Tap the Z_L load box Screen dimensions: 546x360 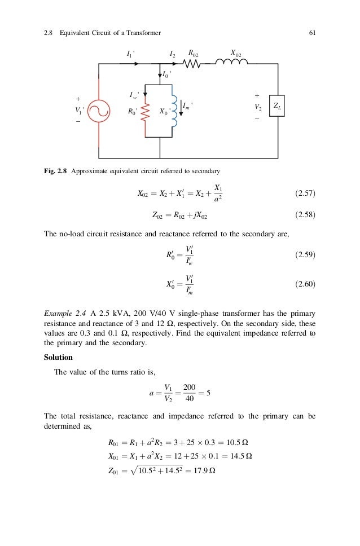(278, 106)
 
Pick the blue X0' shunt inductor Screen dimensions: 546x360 (174, 110)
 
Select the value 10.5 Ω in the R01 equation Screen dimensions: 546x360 (239, 442)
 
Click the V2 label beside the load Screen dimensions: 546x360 (258, 106)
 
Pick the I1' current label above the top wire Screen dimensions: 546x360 (130, 54)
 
